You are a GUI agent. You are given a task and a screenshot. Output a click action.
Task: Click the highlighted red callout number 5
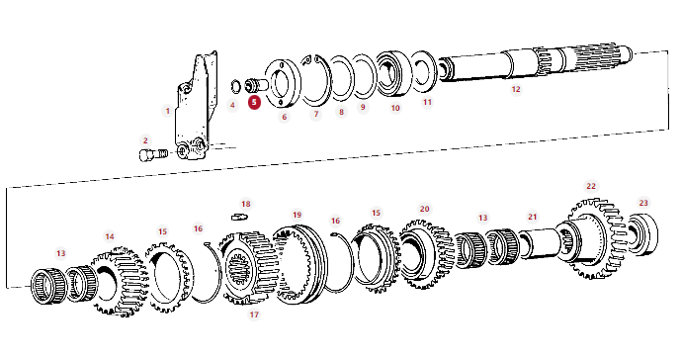(x=254, y=103)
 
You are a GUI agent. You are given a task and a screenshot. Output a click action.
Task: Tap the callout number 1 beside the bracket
(x=168, y=111)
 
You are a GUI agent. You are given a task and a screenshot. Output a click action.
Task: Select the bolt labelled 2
(x=153, y=154)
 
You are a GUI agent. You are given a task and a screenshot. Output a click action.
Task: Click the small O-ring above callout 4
(x=235, y=86)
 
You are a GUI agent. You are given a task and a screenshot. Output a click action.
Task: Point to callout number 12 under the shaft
(x=516, y=89)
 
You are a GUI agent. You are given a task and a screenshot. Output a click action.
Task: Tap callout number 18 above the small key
(x=246, y=204)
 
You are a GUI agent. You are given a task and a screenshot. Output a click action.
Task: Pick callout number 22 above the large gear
(x=591, y=186)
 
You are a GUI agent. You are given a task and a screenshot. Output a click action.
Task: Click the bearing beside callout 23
(x=642, y=234)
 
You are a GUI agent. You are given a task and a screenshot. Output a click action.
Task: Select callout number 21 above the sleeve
(x=533, y=217)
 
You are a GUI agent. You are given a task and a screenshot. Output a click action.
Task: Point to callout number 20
(x=424, y=209)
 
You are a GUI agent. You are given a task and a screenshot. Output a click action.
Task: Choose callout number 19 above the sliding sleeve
(x=297, y=215)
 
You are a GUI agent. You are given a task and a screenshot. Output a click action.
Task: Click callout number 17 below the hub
(x=254, y=314)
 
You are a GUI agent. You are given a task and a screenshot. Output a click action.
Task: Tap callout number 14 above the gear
(x=110, y=236)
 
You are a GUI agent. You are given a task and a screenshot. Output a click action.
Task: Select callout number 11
(x=427, y=102)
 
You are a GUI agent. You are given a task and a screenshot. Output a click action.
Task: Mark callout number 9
(x=363, y=107)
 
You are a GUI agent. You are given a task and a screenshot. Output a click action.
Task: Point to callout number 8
(x=341, y=112)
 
